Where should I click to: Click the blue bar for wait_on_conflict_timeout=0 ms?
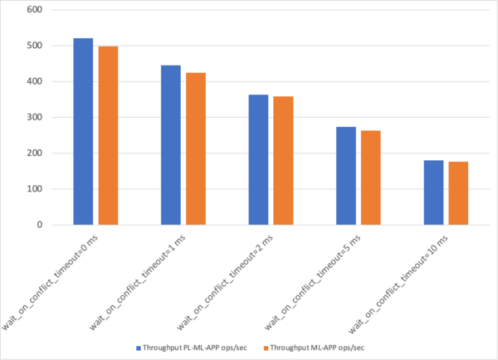tap(83, 131)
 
